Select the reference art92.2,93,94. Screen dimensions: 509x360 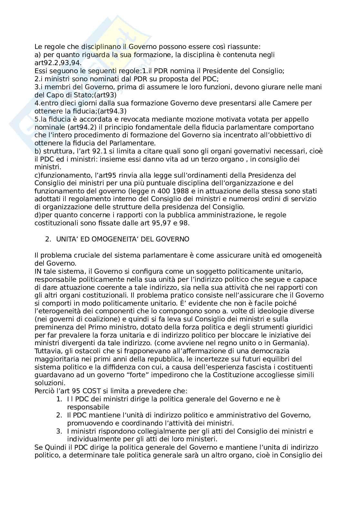[x=58, y=63]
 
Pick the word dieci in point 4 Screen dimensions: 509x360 [x=70, y=103]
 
